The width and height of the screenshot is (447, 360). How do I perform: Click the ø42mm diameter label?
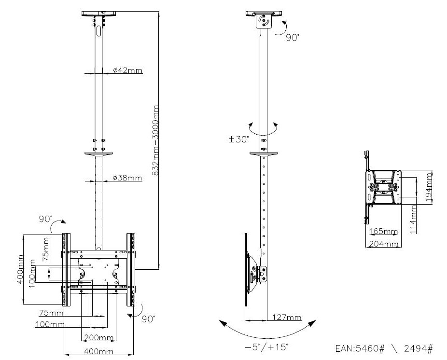click(x=127, y=70)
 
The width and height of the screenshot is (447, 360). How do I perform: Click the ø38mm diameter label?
click(x=127, y=178)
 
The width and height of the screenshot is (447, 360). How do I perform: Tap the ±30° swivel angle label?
click(x=238, y=139)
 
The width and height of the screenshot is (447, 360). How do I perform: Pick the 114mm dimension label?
click(x=414, y=219)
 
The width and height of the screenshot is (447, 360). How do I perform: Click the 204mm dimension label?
click(x=384, y=244)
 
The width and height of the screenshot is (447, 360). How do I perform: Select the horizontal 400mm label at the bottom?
click(x=99, y=351)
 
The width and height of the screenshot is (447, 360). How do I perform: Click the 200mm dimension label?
click(x=99, y=337)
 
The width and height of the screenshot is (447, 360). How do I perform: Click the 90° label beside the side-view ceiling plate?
click(x=292, y=37)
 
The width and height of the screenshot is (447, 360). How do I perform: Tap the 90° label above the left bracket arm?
click(x=46, y=219)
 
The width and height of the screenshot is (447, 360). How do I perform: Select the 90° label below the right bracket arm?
click(x=149, y=318)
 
